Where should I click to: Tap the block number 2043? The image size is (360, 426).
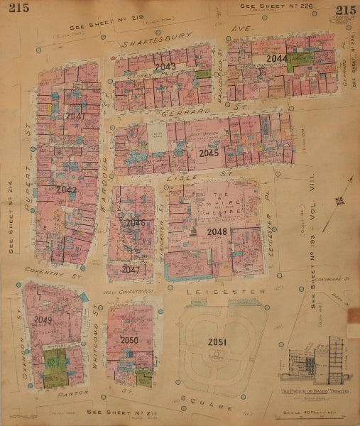[165, 66]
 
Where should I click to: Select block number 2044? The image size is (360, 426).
[276, 58]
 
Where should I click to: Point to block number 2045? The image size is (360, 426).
[209, 153]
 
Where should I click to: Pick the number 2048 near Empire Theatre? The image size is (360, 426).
[217, 231]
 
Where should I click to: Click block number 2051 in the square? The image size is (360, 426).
[217, 342]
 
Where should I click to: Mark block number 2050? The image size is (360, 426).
[129, 341]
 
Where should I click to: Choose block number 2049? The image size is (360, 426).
[43, 319]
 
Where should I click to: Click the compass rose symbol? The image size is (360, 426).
[341, 201]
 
